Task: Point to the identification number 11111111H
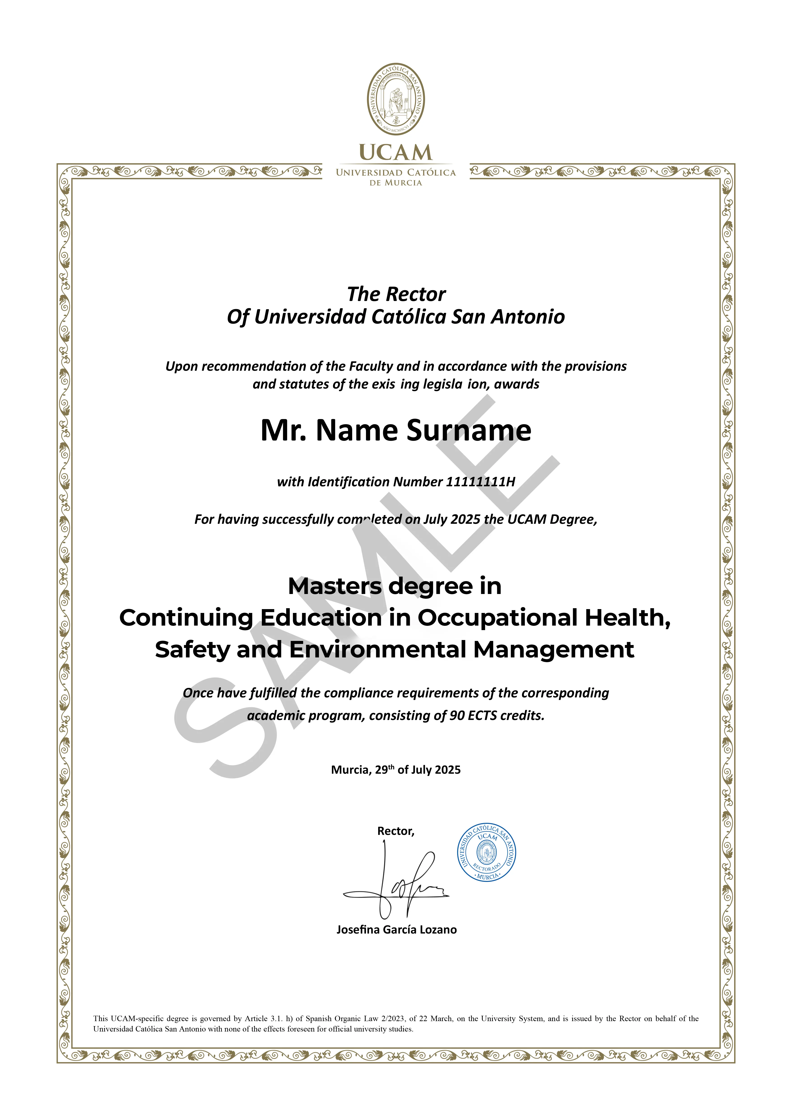pos(480,482)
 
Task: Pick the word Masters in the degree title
pos(335,586)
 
